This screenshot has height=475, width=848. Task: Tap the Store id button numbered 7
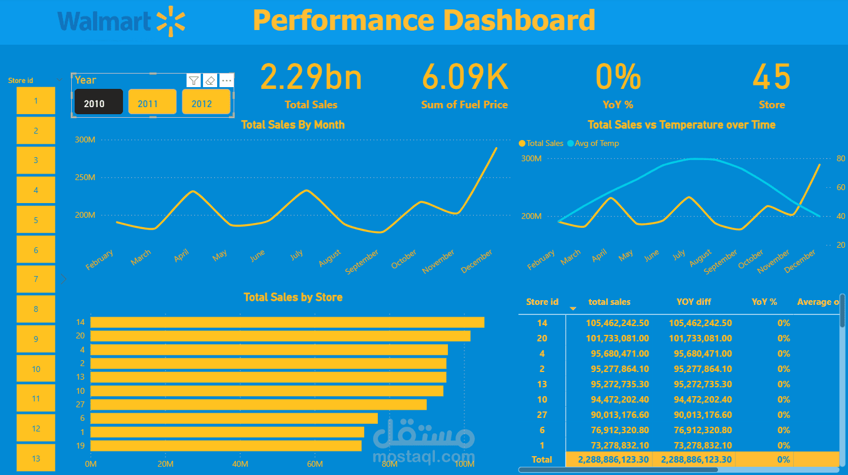click(36, 279)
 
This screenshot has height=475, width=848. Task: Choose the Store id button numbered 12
click(36, 429)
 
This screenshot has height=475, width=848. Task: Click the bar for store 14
click(287, 322)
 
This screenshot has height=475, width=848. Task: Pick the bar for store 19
click(226, 446)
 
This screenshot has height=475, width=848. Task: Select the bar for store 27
click(258, 404)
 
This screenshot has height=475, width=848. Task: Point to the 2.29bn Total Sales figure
click(311, 78)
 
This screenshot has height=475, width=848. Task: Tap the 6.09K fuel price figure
click(465, 78)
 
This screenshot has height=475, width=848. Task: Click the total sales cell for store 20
click(617, 338)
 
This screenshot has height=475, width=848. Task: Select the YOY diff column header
click(694, 302)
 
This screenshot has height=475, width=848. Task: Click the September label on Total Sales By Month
click(363, 262)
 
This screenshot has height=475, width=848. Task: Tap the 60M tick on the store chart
click(315, 464)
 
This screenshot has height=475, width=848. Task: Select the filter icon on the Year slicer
click(194, 81)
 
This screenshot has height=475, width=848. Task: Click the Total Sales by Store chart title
click(293, 297)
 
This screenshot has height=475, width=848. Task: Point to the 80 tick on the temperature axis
click(840, 158)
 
